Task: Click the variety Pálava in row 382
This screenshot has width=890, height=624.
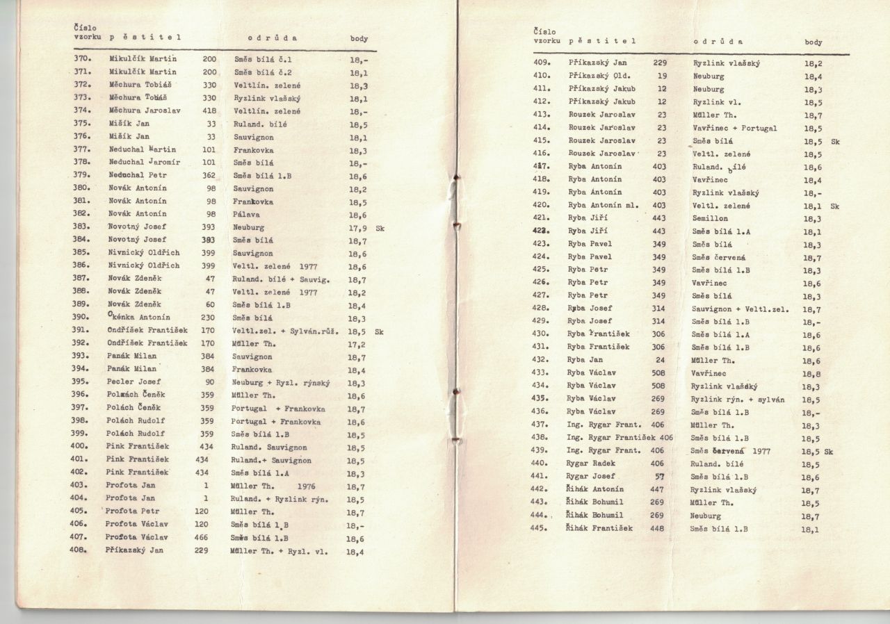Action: [x=246, y=215]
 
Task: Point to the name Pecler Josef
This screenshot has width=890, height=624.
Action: [x=134, y=382]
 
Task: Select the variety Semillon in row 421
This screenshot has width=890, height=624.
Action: [x=710, y=218]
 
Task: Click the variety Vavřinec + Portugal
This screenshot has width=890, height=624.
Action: [x=735, y=128]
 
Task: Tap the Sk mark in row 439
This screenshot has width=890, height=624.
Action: [x=828, y=451]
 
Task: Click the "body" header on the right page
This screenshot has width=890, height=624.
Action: [x=814, y=42]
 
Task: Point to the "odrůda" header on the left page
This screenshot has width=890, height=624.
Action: [x=272, y=38]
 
